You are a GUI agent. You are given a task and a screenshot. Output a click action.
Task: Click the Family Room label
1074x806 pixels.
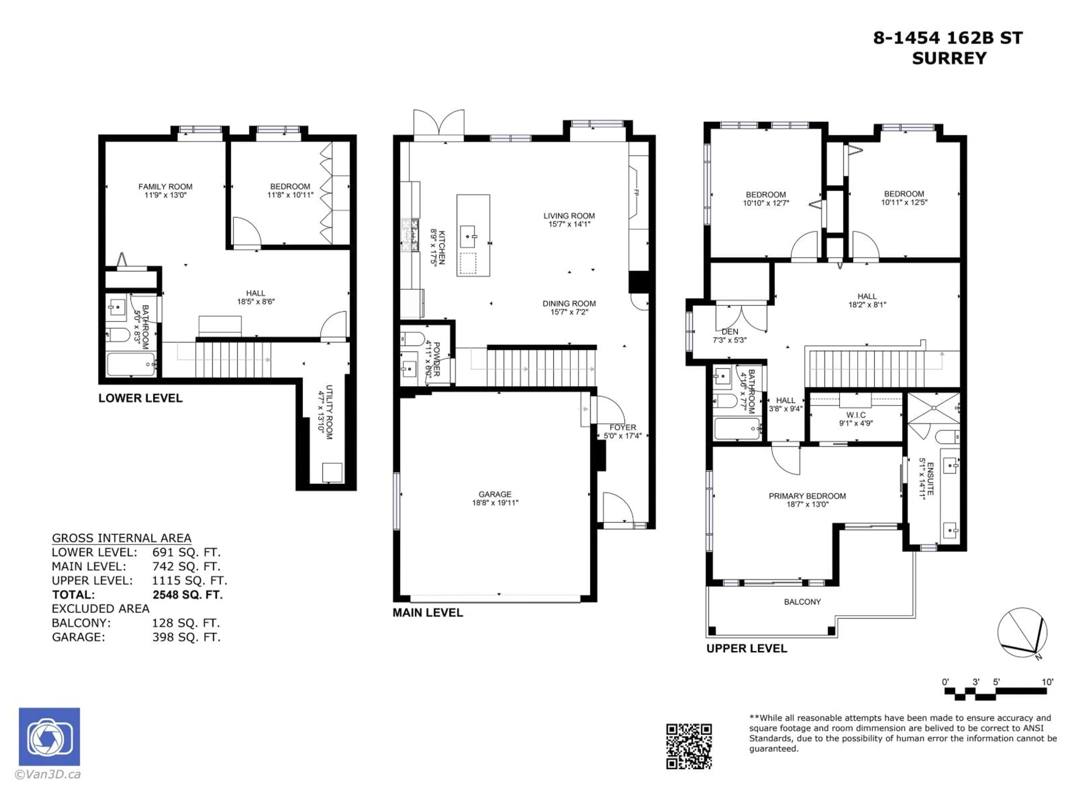point(165,187)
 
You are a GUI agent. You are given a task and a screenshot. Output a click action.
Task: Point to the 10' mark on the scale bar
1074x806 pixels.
point(1047,682)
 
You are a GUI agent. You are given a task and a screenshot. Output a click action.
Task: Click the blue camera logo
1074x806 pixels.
point(49,737)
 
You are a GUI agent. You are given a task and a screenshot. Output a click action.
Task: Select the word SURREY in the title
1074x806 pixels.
point(949,58)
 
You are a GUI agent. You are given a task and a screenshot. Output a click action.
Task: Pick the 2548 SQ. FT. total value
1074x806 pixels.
point(187,595)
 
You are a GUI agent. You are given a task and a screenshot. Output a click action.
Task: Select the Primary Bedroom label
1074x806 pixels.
point(807,496)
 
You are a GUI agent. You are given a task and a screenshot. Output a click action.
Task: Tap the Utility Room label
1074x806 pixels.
point(329,412)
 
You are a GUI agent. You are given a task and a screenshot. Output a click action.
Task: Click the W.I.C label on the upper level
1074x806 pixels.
point(856,415)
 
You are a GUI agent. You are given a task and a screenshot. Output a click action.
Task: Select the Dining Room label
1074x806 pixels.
point(569,304)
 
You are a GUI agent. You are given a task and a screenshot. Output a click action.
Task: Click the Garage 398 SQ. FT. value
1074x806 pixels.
point(187,637)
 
